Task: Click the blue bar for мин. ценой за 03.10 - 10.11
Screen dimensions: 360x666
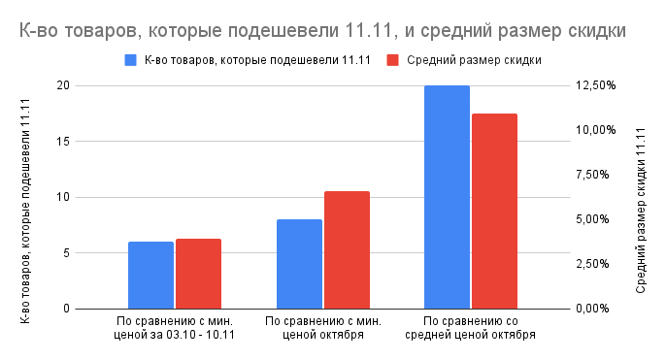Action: [x=150, y=275]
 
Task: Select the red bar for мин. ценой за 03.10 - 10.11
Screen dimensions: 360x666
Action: [x=198, y=274]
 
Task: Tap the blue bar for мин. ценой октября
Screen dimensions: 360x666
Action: [x=299, y=264]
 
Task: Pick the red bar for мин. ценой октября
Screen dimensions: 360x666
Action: [x=347, y=249]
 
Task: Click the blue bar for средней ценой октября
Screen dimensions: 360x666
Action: [x=447, y=197]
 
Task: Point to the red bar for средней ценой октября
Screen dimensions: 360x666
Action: [x=494, y=211]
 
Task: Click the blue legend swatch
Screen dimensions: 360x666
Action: [x=131, y=60]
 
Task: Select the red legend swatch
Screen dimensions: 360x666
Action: [x=393, y=60]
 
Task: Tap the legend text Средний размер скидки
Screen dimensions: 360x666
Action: [x=474, y=60]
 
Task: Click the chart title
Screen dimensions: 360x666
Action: [x=321, y=30]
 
